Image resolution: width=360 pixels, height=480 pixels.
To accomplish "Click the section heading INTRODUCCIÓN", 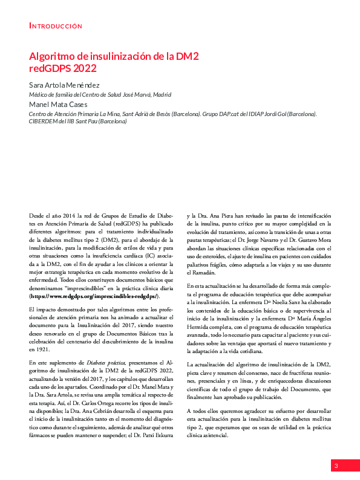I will pos(56,26).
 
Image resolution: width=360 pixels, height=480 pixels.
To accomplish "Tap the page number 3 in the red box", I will pos(335,465).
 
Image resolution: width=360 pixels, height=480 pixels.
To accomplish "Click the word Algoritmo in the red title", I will pos(54,56).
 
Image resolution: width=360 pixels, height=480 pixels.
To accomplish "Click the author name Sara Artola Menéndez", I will pos(65,85).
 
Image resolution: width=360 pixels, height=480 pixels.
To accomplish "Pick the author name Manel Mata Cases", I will pos(61,104).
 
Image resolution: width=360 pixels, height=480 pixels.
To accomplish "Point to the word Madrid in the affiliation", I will pos(162,95).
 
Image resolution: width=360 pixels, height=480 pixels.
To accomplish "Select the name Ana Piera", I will pos(218,216).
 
